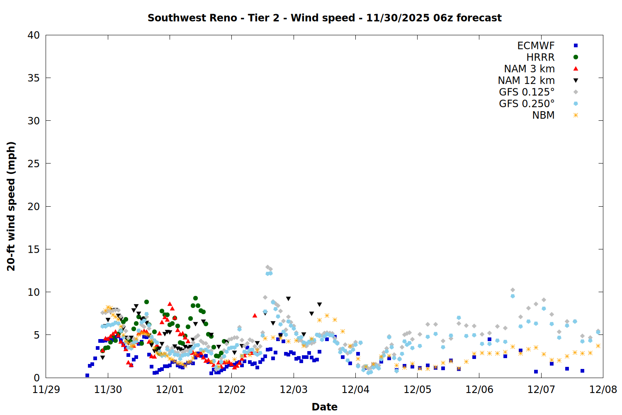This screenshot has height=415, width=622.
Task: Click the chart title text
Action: [x=324, y=18]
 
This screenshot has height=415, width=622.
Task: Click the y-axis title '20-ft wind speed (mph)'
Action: [x=11, y=206]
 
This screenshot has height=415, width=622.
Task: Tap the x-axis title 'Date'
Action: [x=324, y=407]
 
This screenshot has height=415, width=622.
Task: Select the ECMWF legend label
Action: [x=536, y=46]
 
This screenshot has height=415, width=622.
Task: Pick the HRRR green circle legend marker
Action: [x=576, y=57]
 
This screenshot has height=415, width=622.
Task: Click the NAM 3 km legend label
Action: [x=529, y=69]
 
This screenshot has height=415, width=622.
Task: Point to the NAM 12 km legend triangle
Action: [x=576, y=81]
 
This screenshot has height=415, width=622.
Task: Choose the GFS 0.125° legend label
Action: [x=527, y=92]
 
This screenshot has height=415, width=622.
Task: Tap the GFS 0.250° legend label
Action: [x=527, y=104]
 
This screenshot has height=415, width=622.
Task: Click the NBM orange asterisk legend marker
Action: [x=576, y=115]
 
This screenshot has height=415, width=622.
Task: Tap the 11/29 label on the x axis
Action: [x=46, y=390]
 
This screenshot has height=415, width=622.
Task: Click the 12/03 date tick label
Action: [x=294, y=390]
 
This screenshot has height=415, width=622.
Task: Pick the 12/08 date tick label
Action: [x=603, y=390]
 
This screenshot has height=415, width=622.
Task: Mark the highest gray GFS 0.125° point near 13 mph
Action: [x=267, y=267]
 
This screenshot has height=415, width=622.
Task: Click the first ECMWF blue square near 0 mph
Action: [x=87, y=375]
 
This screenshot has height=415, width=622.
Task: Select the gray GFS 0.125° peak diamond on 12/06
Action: [x=513, y=290]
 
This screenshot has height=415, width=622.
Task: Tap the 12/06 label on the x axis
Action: [x=479, y=390]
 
